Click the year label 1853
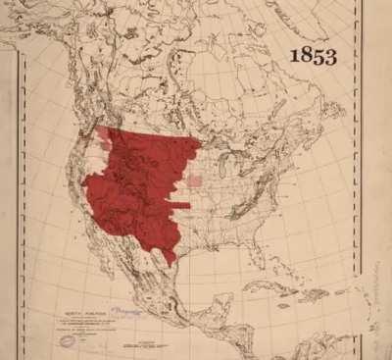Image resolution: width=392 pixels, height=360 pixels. tap(313, 56)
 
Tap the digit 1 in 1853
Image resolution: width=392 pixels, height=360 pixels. tap(294, 56)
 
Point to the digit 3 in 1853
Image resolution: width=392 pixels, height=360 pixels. tap(330, 56)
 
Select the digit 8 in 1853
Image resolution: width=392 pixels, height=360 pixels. tap(306, 56)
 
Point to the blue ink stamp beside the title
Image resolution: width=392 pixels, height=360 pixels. tap(124, 308)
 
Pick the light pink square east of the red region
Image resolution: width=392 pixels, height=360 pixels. tap(195, 180)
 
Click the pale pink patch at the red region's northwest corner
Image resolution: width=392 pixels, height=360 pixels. tap(104, 134)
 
